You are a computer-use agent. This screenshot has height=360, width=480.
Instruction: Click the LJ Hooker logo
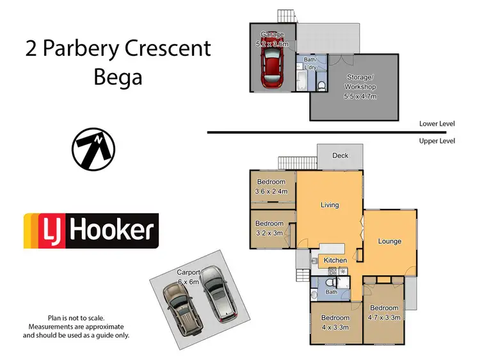91,231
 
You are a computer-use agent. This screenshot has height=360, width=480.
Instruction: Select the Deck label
340,156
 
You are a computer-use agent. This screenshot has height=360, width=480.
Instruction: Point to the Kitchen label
335,261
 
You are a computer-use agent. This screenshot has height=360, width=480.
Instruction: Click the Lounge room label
389,241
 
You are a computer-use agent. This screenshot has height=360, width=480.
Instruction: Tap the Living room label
330,205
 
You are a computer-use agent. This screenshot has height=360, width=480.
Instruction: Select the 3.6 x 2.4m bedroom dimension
271,191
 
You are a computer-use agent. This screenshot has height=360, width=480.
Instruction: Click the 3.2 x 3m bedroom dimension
269,233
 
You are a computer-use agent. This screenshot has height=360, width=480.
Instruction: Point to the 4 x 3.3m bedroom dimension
335,327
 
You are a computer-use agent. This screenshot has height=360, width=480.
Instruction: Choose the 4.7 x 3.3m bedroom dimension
383,317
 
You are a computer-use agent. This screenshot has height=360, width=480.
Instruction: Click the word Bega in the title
118,78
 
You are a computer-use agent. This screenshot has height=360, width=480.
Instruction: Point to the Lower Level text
436,124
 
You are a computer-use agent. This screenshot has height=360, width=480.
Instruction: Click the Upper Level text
436,141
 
